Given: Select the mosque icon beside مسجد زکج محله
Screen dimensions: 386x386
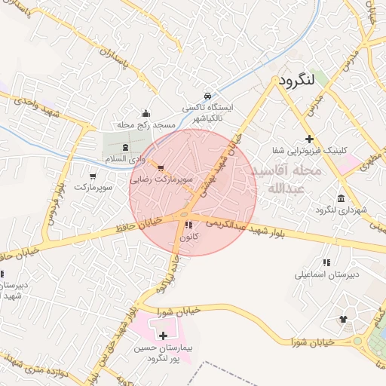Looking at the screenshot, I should coord(146,113).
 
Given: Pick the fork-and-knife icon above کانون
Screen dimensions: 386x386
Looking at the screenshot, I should coord(188,225).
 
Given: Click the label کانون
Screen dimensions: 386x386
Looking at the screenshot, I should coord(188,237).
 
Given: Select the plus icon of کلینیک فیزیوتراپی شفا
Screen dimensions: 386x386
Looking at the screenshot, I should coord(309,139).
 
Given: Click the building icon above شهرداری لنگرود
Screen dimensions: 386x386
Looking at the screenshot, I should coord(342,198).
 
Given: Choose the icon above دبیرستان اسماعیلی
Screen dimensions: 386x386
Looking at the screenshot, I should coord(326,262).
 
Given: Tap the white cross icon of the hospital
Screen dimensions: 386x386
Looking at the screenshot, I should coord(164,334).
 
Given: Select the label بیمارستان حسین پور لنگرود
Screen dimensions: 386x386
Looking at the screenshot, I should coord(164,352).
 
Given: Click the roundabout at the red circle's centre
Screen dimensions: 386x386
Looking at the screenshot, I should coord(185,218).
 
